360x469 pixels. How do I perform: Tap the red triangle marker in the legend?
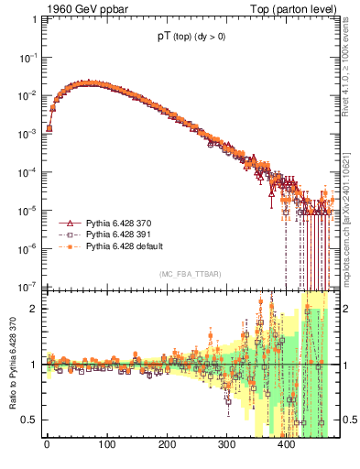tap(67, 223)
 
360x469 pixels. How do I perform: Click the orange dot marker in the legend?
tap(67, 246)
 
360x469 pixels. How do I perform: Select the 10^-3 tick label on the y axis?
tap(28, 133)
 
